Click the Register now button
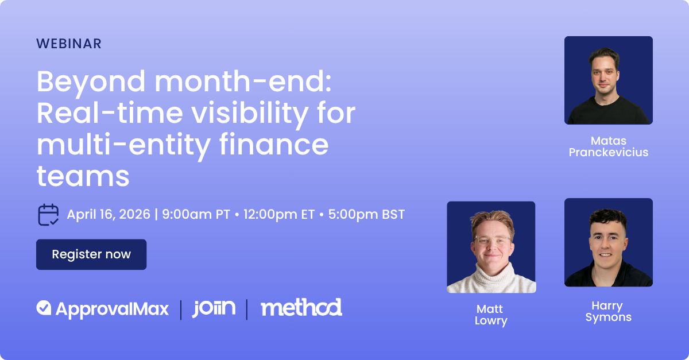(x=91, y=254)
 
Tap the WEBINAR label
(x=69, y=44)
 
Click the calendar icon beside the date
(x=48, y=215)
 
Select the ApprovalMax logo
(x=102, y=309)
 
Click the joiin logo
(x=214, y=308)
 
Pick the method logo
(x=301, y=307)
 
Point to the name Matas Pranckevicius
(x=609, y=146)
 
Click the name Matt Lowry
(x=491, y=315)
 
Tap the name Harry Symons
(x=609, y=311)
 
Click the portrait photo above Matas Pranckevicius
(x=609, y=80)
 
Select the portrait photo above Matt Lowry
(x=491, y=247)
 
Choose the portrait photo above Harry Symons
(x=609, y=242)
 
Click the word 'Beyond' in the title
(x=91, y=83)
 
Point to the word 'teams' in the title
(x=83, y=176)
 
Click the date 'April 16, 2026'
(x=109, y=215)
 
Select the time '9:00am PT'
(x=196, y=215)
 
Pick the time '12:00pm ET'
(x=279, y=215)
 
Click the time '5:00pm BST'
(x=366, y=215)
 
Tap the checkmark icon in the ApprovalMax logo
(x=44, y=308)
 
